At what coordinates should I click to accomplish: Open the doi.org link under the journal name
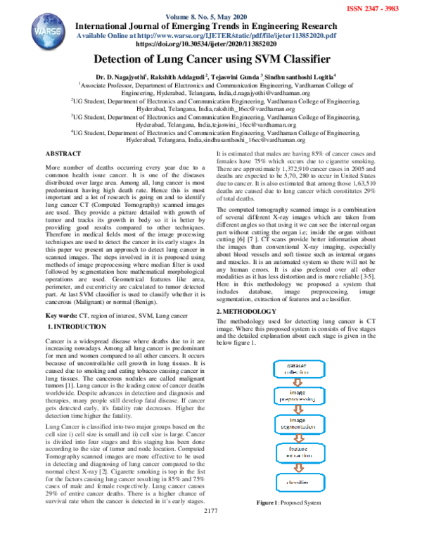pos(210,43)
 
